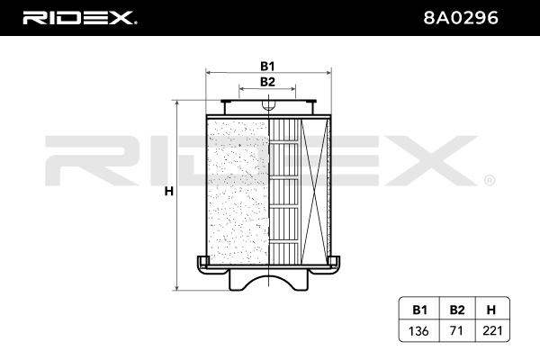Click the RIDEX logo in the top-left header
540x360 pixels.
tap(78, 17)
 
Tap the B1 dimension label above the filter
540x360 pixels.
tap(267, 66)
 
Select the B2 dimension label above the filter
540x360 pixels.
tap(267, 83)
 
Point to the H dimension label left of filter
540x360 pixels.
tap(167, 192)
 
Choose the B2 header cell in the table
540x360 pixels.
tap(456, 310)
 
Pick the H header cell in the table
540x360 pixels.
tap(490, 310)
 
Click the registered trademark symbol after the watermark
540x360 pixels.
tap(490, 180)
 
